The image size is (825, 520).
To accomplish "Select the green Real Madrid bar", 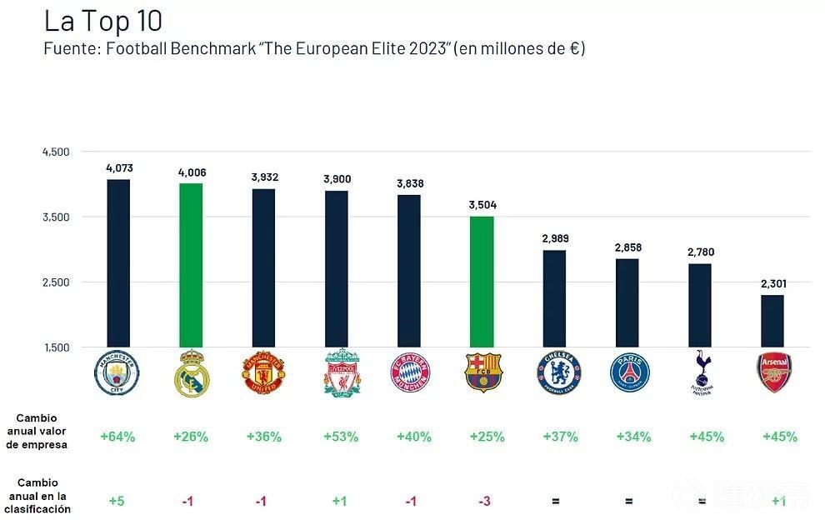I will coord(191,265).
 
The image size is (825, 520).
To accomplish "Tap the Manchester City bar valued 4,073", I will coord(118,262).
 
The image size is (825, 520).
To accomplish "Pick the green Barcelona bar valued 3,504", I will coord(482,282).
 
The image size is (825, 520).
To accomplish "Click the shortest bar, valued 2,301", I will coord(772,321).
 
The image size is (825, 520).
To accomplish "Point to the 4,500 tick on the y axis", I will coord(56,152).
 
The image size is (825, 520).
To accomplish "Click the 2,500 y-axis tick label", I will coord(56,282).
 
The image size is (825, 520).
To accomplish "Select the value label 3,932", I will coord(264,177).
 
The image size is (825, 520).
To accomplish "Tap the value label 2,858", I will coord(627,247).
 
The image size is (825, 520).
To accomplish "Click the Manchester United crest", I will coord(263,372).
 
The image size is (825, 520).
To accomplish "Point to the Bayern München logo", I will coord(410,372).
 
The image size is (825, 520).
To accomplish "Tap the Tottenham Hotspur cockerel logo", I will coord(702,372).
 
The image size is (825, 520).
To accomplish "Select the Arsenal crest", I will coord(774,372).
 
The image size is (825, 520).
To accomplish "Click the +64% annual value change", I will coord(117,437).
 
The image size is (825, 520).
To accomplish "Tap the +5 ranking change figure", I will coord(117,501).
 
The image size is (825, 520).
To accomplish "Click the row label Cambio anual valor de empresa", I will coord(42,430).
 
